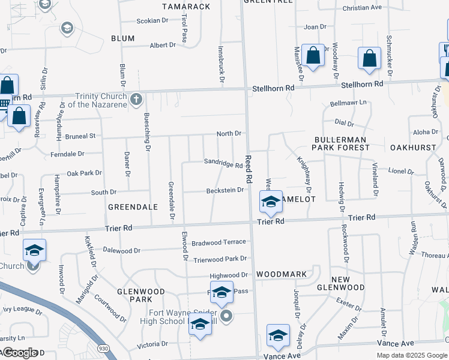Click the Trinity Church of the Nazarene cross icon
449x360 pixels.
point(136,98)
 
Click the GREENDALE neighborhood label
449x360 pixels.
point(133,206)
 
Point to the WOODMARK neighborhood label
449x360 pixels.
point(282,274)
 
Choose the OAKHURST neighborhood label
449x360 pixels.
point(412,147)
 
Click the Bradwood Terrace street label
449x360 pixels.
point(219,242)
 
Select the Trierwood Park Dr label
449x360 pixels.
point(220,259)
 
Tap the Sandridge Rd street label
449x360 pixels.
point(223,162)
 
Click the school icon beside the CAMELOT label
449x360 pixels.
point(271,203)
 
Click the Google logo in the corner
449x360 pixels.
point(20,352)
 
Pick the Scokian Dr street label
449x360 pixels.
point(152,20)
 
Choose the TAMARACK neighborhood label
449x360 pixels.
point(186,6)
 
